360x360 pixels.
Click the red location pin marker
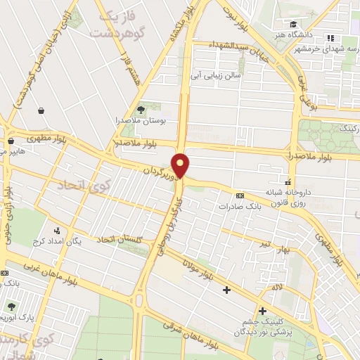click(181, 165)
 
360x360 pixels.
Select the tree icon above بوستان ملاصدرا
click(141, 109)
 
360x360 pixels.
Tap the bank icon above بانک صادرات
click(240, 195)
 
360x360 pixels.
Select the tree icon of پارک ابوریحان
click(11, 307)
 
